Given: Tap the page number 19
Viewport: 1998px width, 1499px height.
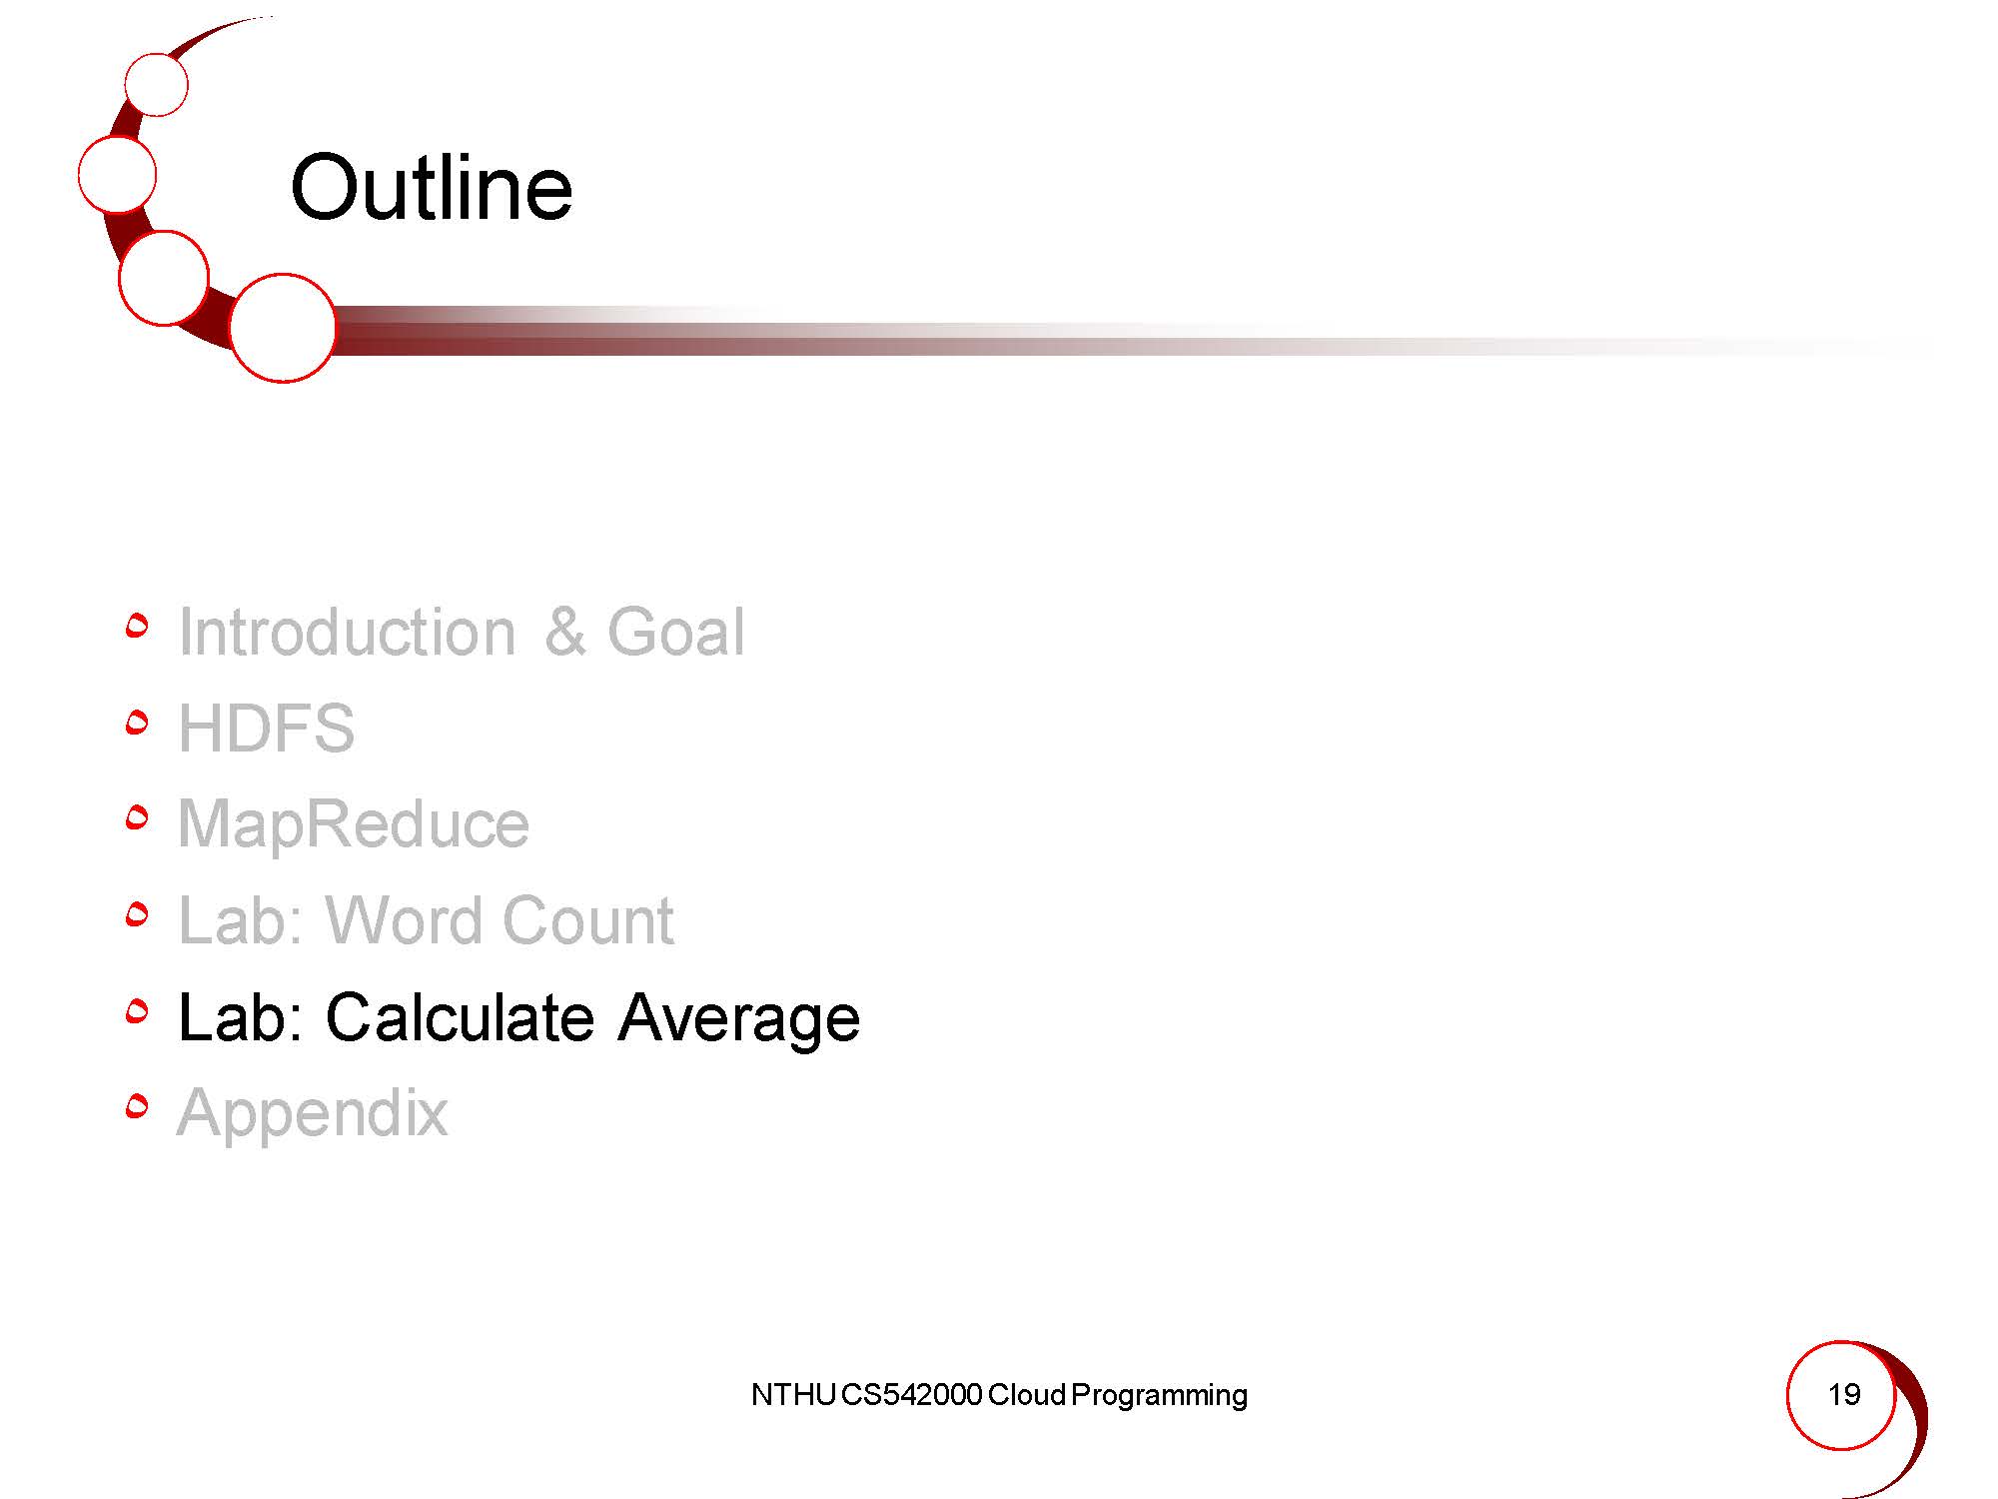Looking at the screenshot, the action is click(x=1843, y=1394).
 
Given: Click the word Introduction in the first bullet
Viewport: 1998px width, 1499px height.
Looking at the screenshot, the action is click(x=347, y=632).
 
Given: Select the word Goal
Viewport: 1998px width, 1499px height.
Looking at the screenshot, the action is click(x=676, y=632).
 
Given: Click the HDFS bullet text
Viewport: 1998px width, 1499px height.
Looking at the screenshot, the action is click(x=266, y=728).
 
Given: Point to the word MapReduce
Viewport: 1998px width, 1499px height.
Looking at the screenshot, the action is click(x=354, y=824).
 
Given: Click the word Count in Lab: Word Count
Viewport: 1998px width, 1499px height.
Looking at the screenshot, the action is click(x=587, y=919).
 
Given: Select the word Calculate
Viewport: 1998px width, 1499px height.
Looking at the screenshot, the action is click(x=460, y=1016).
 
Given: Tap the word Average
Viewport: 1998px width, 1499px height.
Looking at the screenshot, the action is click(x=739, y=1018).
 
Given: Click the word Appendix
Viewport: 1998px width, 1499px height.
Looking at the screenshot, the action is click(x=313, y=1112).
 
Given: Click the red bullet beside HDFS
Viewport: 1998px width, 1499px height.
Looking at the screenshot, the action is click(x=137, y=722).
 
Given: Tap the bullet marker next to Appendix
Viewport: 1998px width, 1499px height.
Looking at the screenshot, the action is click(x=137, y=1106).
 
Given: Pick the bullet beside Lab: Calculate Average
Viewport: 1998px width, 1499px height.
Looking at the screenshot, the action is click(x=137, y=1011).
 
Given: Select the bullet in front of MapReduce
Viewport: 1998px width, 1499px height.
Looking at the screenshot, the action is click(x=137, y=818).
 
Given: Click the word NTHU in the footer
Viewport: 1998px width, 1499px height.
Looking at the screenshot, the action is click(x=793, y=1395).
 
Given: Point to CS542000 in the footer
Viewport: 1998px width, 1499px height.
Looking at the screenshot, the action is click(x=911, y=1395).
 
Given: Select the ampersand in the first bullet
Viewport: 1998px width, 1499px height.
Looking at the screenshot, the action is click(x=565, y=632).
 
